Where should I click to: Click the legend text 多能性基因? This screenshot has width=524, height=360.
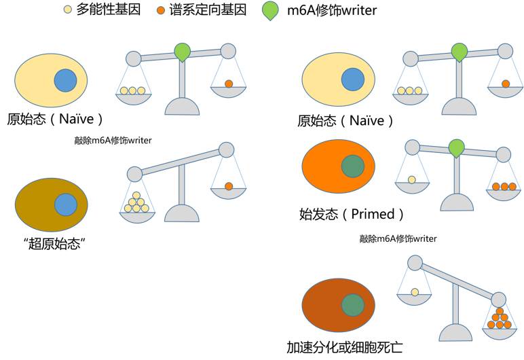coord(109,10)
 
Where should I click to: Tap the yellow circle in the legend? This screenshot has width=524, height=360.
coord(67,11)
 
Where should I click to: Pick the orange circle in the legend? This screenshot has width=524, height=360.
coord(161,11)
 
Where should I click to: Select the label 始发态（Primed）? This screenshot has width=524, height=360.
coord(352,214)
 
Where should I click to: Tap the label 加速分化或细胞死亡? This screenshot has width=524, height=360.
coord(352,347)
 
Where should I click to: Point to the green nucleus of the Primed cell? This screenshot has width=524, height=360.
coord(352,166)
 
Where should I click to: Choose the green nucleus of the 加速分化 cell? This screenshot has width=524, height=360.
coord(352,305)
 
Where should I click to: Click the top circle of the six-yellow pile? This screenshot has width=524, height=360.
coord(138,195)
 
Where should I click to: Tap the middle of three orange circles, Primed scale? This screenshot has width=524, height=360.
coord(504,186)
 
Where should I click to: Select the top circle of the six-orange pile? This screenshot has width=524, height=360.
coord(500,312)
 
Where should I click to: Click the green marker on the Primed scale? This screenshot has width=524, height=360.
coord(457,147)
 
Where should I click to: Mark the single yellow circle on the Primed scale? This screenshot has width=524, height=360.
coord(412,179)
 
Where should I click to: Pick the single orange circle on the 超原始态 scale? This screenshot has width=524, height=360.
coord(229,186)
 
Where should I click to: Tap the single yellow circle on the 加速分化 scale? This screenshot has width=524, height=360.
coord(415,293)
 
